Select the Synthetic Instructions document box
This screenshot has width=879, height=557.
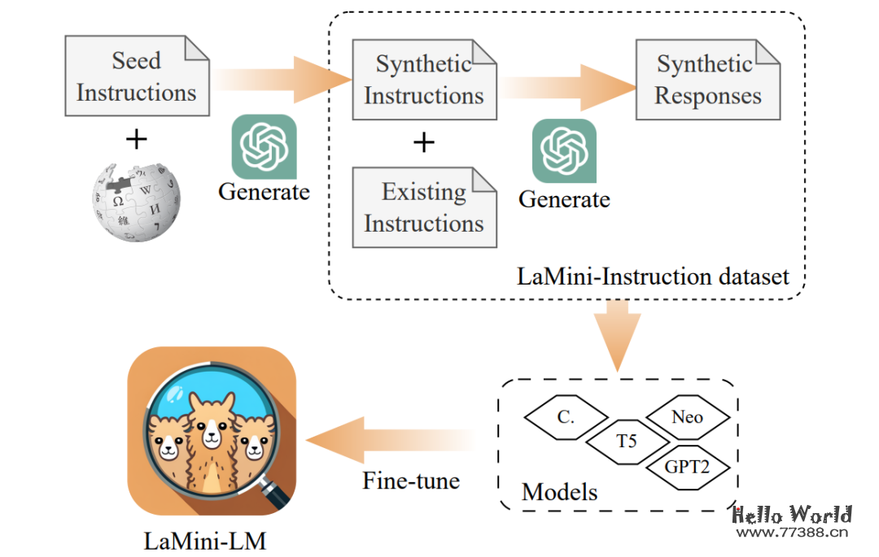click(424, 79)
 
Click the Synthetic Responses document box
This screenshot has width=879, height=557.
click(708, 79)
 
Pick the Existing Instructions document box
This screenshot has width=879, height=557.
click(424, 207)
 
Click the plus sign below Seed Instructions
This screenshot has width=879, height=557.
click(137, 140)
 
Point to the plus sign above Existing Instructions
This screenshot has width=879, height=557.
click(423, 144)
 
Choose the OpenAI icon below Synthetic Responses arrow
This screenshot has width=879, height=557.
click(564, 151)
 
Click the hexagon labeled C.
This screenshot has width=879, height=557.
click(566, 418)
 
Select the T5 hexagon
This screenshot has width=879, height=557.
click(626, 442)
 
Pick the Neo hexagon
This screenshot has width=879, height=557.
click(687, 417)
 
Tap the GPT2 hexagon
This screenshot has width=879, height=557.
click(687, 467)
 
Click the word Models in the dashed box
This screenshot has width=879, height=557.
click(559, 491)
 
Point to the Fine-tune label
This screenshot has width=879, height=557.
click(411, 480)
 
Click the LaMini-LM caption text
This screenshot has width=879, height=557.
click(205, 540)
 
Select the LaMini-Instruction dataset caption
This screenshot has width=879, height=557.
click(653, 276)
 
